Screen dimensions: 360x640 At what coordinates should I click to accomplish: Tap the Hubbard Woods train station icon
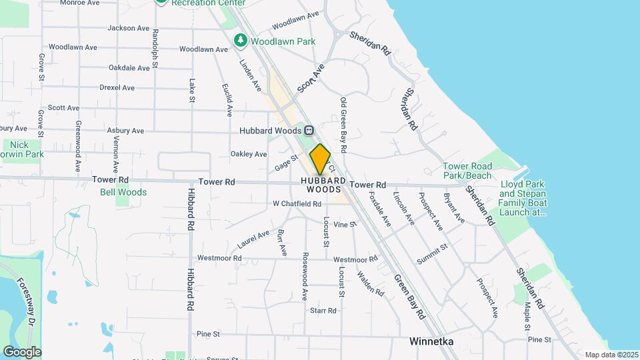(309, 131)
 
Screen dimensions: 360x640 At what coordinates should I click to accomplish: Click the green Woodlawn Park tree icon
(241, 41)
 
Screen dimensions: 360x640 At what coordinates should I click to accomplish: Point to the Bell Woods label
(123, 192)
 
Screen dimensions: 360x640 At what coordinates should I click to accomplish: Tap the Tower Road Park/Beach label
(467, 171)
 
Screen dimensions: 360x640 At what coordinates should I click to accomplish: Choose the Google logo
(22, 352)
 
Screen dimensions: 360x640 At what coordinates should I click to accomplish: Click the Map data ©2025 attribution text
(611, 355)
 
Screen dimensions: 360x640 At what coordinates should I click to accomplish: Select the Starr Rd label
(323, 311)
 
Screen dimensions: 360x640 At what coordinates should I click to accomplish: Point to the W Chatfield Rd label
(297, 204)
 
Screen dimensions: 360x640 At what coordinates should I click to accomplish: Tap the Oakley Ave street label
(249, 154)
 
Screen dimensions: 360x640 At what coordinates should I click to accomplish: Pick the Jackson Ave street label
(128, 28)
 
